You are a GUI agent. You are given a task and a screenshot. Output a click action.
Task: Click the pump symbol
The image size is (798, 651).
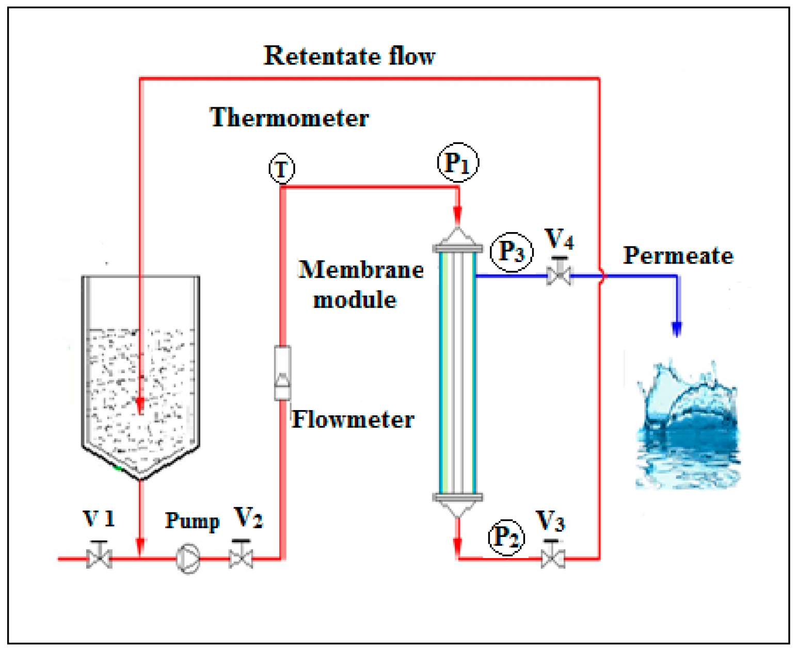click(188, 558)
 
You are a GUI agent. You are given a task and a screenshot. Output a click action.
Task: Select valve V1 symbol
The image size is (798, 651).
click(99, 556)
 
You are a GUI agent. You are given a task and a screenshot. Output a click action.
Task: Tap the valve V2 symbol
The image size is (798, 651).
click(241, 556)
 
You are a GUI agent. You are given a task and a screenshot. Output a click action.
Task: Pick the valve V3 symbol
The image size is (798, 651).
click(552, 557)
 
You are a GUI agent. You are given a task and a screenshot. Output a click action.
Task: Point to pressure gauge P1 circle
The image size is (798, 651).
click(458, 162)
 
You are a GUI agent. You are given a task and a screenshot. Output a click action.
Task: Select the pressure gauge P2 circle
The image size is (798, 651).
click(506, 537)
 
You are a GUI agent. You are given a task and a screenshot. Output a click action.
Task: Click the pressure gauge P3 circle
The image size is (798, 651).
click(511, 252)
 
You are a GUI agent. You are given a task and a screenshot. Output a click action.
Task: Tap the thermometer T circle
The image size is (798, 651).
click(282, 169)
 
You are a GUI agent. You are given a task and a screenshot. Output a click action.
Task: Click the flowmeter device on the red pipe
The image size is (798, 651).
click(282, 373)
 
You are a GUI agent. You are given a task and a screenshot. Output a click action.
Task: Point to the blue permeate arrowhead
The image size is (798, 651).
click(677, 329)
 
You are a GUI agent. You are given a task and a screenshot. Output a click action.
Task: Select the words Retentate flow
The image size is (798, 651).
click(349, 56)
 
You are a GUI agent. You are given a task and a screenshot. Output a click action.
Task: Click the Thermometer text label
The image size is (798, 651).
click(289, 118)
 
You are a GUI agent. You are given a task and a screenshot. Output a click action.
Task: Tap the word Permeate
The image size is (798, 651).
click(678, 255)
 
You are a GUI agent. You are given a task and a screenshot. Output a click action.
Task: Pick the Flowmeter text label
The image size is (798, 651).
click(353, 419)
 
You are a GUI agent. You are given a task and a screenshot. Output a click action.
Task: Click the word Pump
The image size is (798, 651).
click(192, 520)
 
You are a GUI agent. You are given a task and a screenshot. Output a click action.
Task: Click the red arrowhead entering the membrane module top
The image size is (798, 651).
click(458, 214)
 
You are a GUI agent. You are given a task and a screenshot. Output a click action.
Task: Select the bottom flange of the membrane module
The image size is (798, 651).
click(457, 497)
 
